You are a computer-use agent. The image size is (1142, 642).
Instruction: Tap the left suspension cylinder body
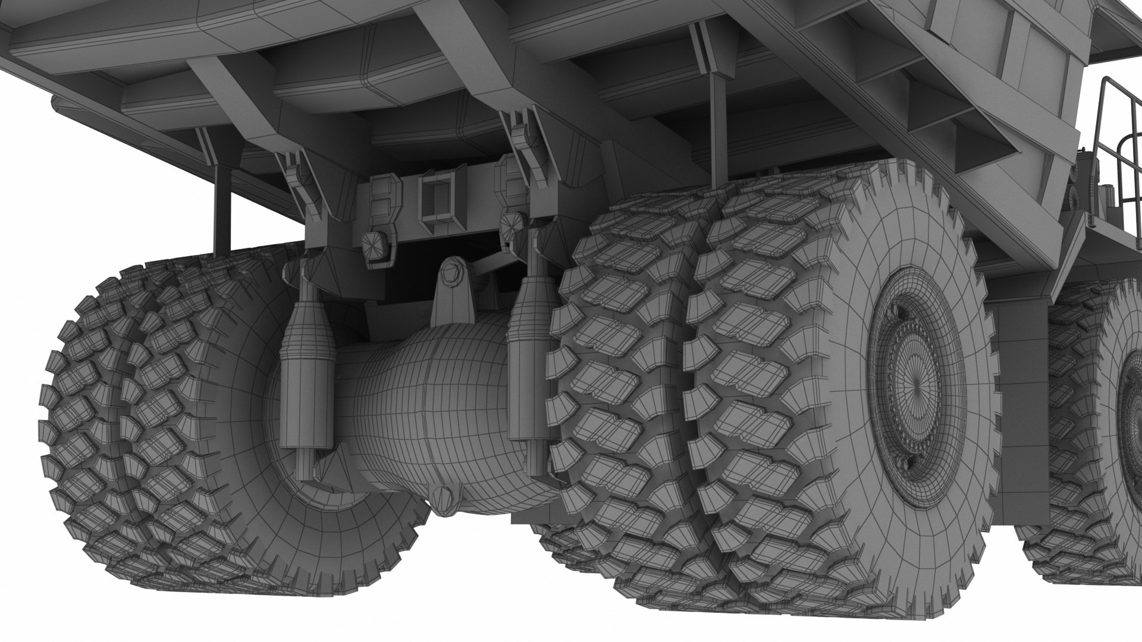[306, 380]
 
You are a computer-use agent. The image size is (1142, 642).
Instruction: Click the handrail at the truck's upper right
[1118, 137]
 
